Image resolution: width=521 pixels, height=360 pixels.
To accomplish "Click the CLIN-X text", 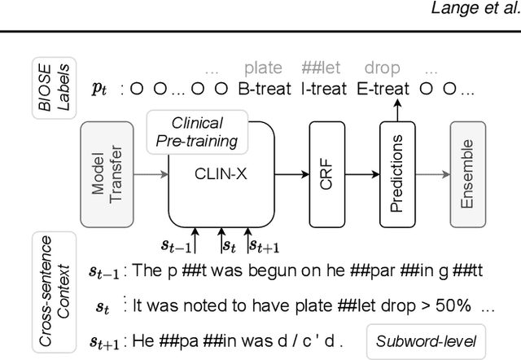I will (x=221, y=173).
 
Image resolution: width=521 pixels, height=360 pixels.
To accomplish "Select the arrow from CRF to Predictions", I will (x=361, y=173).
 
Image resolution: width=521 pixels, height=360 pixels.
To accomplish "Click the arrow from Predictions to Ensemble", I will (x=431, y=173).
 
